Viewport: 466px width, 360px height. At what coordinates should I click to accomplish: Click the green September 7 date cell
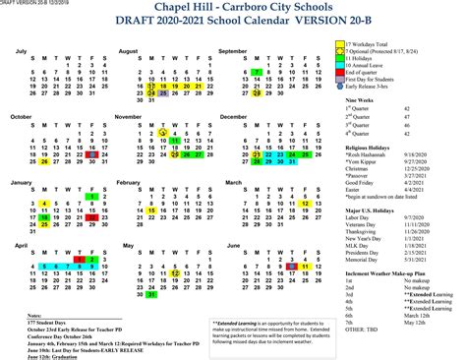[255, 72]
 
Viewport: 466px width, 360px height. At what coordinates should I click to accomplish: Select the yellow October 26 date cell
[45, 163]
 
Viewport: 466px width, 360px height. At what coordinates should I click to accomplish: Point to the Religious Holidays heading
[372, 149]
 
